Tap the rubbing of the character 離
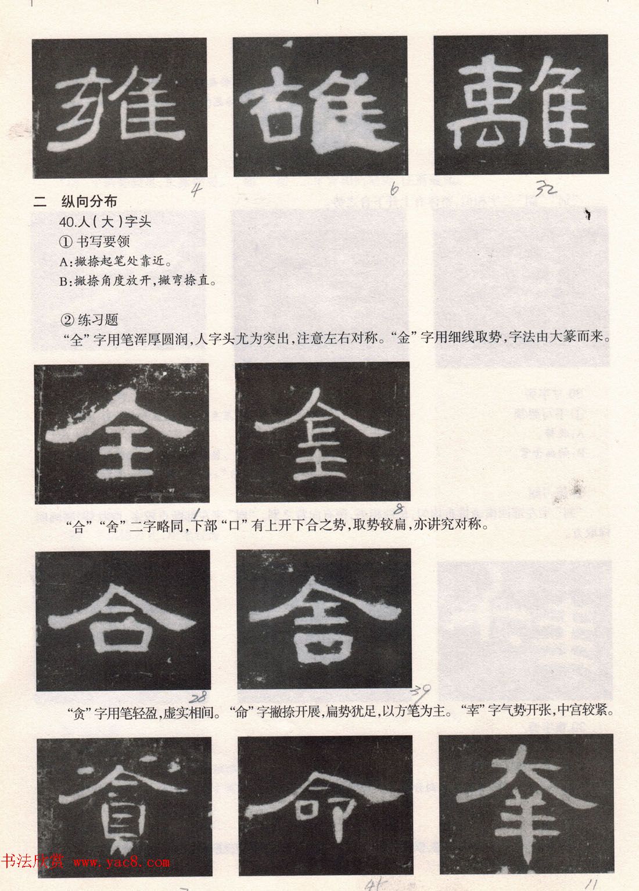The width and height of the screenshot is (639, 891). pyautogui.click(x=520, y=105)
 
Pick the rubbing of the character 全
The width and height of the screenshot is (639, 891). pyautogui.click(x=121, y=433)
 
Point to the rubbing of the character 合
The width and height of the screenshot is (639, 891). pyautogui.click(x=123, y=620)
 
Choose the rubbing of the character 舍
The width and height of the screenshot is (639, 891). pyautogui.click(x=324, y=620)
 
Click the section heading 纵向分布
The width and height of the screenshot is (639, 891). pyautogui.click(x=88, y=202)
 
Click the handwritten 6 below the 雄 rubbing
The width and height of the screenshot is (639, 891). pyautogui.click(x=394, y=189)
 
